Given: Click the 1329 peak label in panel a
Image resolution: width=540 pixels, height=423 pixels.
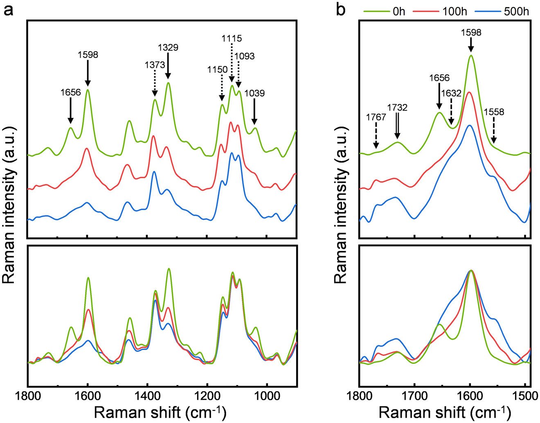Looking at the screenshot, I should pos(168,47).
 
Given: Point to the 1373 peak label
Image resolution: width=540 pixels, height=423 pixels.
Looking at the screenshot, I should pos(155,65).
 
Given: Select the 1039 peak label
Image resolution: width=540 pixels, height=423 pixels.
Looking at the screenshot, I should pos(254,93).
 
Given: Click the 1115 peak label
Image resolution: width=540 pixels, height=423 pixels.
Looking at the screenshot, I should pos(232,38).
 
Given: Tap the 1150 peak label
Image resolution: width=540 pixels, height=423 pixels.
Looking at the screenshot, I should pos(217,69).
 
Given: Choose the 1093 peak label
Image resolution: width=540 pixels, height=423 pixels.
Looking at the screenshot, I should pos(245,56).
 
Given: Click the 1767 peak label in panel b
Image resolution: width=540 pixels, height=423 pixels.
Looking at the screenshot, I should pos(376,117).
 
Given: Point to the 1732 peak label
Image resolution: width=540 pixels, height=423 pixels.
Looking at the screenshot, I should pos(397,107).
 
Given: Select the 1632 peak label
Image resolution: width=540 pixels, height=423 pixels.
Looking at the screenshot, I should pos(451,93).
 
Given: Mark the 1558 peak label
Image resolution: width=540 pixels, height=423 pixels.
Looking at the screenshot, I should pos(494,112).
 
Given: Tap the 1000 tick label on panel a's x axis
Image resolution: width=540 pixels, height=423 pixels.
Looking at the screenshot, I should pos(267,396).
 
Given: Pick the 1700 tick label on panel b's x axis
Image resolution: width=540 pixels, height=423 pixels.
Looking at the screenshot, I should pos(414,396).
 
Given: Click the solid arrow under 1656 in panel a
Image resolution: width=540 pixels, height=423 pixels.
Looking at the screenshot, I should pos(70,110).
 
